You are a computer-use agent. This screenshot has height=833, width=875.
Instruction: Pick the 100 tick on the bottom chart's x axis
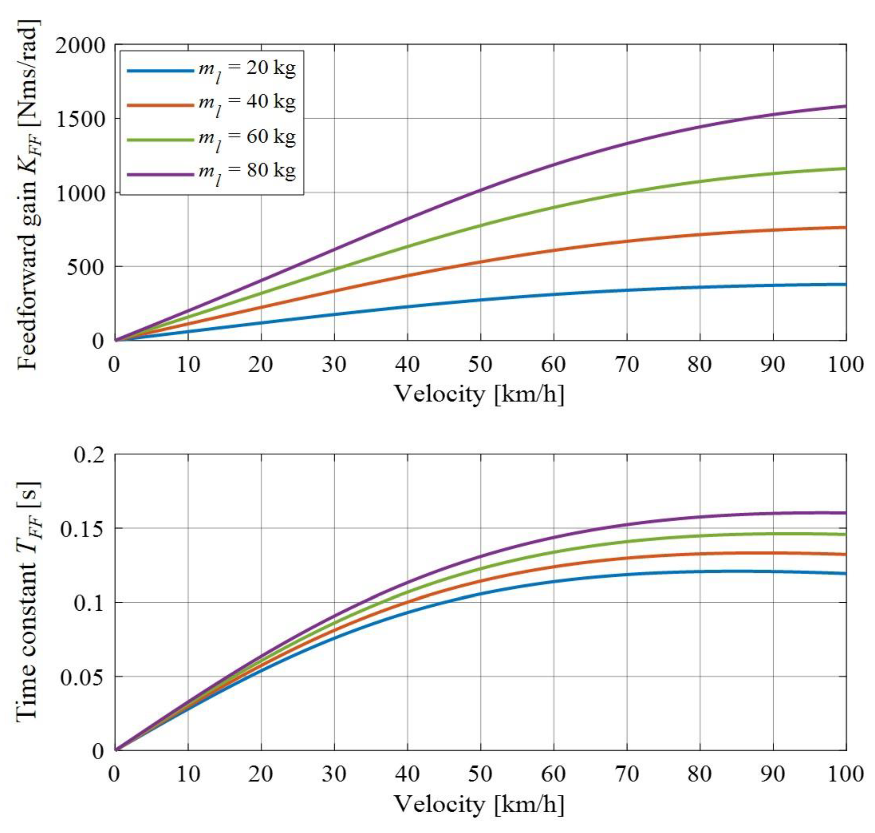pyautogui.click(x=845, y=775)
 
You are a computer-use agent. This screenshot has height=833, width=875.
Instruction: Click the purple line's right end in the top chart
pyautogui.click(x=845, y=106)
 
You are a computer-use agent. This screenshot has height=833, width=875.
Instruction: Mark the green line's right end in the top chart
pyautogui.click(x=845, y=168)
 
